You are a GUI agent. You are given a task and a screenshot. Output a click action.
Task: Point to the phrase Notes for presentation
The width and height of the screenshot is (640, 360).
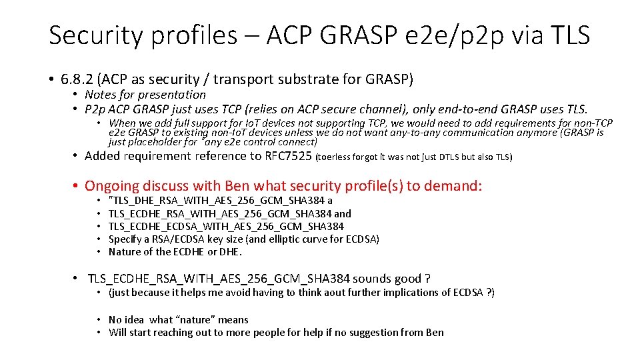[145, 95]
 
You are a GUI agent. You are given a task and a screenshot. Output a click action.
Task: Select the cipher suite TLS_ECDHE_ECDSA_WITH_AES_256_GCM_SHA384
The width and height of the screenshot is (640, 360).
[226, 226]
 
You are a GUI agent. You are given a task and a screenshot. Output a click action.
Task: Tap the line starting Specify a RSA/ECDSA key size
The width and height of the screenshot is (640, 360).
[243, 239]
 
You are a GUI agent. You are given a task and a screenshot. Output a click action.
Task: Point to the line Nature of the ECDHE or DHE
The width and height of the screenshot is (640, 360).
[175, 252]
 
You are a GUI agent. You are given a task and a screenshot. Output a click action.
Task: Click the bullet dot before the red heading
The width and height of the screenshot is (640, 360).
[77, 186]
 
